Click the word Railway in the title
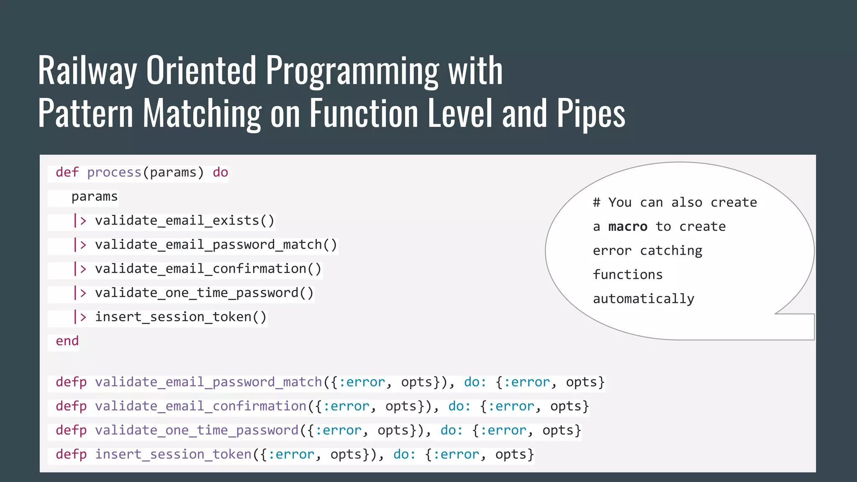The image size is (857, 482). [x=87, y=70]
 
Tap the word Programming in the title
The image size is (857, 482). [x=352, y=71]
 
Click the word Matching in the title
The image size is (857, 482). [x=202, y=114]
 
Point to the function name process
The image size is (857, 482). [x=114, y=172]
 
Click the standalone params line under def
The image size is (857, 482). [x=95, y=197]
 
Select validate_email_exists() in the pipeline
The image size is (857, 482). [x=185, y=220]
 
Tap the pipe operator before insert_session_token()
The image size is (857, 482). [x=80, y=317]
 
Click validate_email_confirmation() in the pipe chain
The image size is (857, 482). [x=208, y=269]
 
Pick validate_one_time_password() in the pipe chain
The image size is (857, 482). [x=204, y=293]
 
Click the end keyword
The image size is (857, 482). [x=67, y=341]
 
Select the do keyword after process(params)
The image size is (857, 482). [x=220, y=172]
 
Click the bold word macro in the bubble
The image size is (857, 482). [x=627, y=227]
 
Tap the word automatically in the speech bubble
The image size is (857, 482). [x=643, y=299]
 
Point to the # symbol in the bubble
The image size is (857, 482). [x=596, y=203]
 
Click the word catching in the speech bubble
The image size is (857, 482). [x=671, y=251]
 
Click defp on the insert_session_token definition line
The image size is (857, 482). [x=71, y=454]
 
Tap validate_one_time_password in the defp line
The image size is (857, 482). [x=197, y=431]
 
